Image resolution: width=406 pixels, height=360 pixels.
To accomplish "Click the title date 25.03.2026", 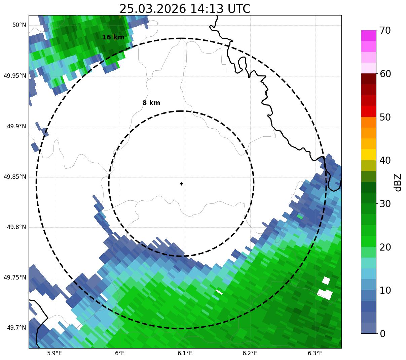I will [152, 9].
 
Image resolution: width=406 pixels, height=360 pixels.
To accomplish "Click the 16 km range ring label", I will [113, 37].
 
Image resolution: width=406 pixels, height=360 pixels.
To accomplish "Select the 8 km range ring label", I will [151, 103].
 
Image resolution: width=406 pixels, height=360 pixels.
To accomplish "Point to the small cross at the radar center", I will [182, 184].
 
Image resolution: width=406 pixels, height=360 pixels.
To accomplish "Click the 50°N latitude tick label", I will [19, 25].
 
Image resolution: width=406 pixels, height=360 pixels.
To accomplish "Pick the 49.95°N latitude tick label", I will [15, 76].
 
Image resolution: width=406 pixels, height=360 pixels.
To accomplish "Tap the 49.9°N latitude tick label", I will [16, 126].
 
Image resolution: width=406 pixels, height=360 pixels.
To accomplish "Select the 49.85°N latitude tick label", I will [15, 177].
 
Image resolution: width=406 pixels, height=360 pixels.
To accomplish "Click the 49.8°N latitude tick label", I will [16, 227].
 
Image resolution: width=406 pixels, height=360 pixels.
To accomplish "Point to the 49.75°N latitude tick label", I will [15, 277].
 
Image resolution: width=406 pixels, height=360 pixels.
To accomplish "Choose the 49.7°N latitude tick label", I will [16, 328].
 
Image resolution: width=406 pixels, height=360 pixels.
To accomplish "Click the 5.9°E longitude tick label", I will [54, 353].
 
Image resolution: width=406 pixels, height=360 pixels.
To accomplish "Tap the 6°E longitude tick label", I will [119, 353].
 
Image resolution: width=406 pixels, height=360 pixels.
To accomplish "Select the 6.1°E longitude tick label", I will [185, 353].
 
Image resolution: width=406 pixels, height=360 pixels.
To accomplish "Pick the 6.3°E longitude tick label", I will [315, 353].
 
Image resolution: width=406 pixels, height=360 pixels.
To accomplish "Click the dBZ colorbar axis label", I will [398, 182].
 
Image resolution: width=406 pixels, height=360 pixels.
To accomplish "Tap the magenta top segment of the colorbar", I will [368, 35].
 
